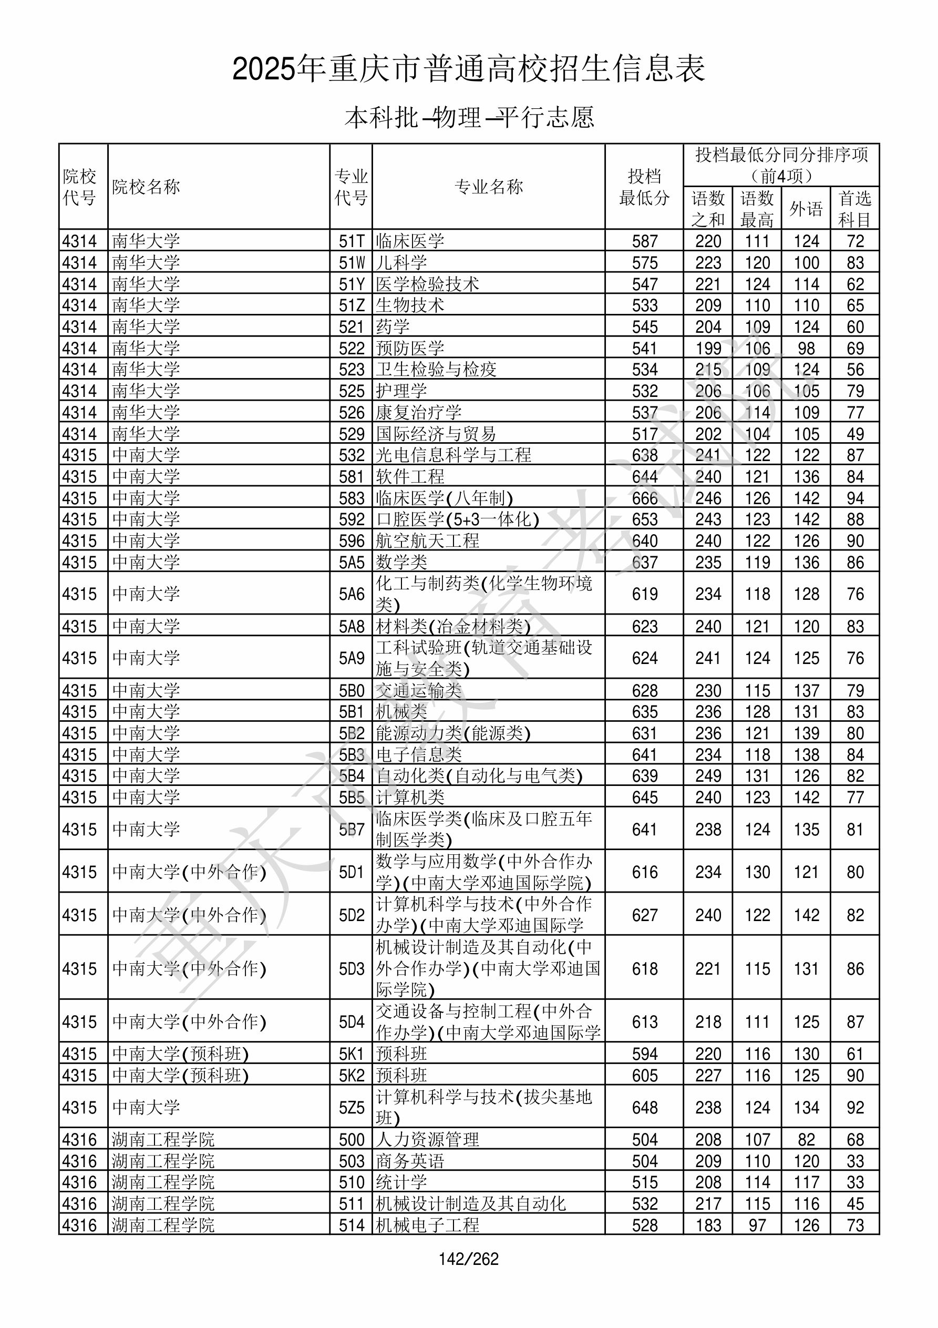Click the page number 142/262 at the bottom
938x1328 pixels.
pyautogui.click(x=468, y=1259)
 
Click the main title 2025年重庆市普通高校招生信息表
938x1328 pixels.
pyautogui.click(x=468, y=69)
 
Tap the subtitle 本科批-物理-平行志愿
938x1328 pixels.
pyautogui.click(x=469, y=117)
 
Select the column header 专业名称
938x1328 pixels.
pyautogui.click(x=489, y=187)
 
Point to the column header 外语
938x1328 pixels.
pyautogui.click(x=806, y=209)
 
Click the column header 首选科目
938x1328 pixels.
pyautogui.click(x=855, y=209)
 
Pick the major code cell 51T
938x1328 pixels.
pyautogui.click(x=352, y=241)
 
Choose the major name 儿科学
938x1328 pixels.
pyautogui.click(x=401, y=262)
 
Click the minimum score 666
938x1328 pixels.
pyautogui.click(x=644, y=498)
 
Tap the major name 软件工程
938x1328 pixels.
pyautogui.click(x=410, y=477)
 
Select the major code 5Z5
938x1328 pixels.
pyautogui.click(x=352, y=1108)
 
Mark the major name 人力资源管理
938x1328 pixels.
pyautogui.click(x=427, y=1140)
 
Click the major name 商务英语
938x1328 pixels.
pyautogui.click(x=410, y=1161)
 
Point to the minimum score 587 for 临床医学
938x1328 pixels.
pyautogui.click(x=644, y=241)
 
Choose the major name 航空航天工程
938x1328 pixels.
pyautogui.click(x=427, y=541)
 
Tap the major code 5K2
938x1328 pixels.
pyautogui.click(x=352, y=1076)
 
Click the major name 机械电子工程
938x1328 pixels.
pyautogui.click(x=427, y=1225)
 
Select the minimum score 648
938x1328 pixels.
pyautogui.click(x=644, y=1108)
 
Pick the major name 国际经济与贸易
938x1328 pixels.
pyautogui.click(x=436, y=434)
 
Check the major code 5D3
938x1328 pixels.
pyautogui.click(x=352, y=969)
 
